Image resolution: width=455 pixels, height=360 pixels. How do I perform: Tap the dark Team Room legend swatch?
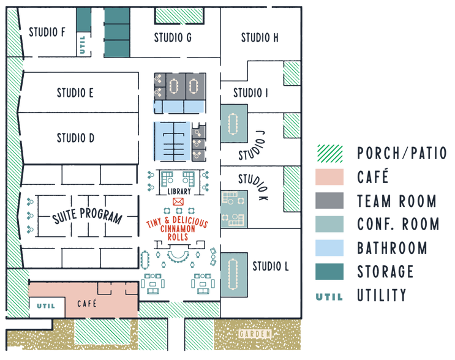point(329,200)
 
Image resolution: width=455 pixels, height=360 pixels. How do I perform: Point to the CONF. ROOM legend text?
point(397,224)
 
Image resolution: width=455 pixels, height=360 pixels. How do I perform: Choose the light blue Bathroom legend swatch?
point(329,248)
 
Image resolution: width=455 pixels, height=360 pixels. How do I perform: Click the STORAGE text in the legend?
point(385,272)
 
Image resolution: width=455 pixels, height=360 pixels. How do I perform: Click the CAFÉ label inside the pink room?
point(87,303)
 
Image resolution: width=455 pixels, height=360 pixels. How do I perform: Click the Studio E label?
point(75,93)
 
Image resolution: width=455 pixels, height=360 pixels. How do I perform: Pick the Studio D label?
point(75,138)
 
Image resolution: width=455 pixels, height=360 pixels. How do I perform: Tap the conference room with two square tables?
point(233,209)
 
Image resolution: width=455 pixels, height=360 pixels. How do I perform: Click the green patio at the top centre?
point(179,15)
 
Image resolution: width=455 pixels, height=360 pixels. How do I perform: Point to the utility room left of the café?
point(44,304)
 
